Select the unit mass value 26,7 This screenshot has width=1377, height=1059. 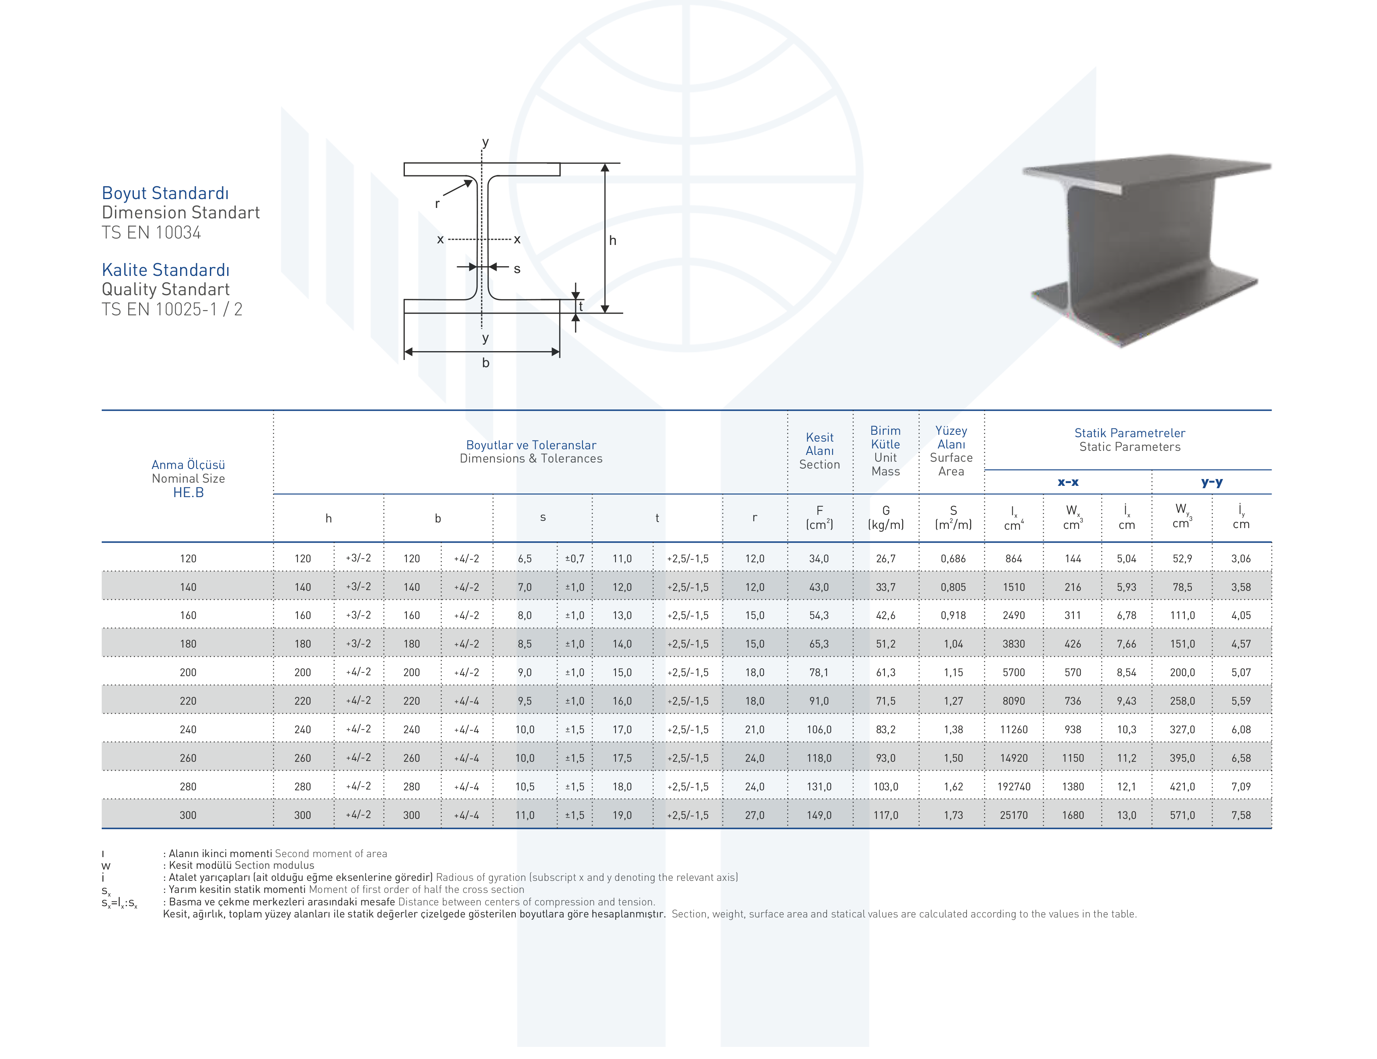tap(885, 559)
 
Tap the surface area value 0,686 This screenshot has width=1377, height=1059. tap(953, 559)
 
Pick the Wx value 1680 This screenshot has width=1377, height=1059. tap(1073, 815)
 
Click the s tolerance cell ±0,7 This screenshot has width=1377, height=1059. tap(574, 559)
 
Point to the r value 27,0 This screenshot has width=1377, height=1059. tap(754, 815)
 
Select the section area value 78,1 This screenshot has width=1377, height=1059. tap(819, 672)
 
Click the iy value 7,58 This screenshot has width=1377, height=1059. tap(1241, 815)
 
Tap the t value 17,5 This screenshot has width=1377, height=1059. tap(622, 758)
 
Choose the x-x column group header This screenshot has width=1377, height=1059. tap(1067, 482)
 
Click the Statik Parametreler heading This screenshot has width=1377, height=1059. tap(1129, 433)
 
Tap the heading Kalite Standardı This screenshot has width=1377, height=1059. tap(166, 270)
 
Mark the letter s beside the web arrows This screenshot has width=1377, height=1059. tap(517, 269)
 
